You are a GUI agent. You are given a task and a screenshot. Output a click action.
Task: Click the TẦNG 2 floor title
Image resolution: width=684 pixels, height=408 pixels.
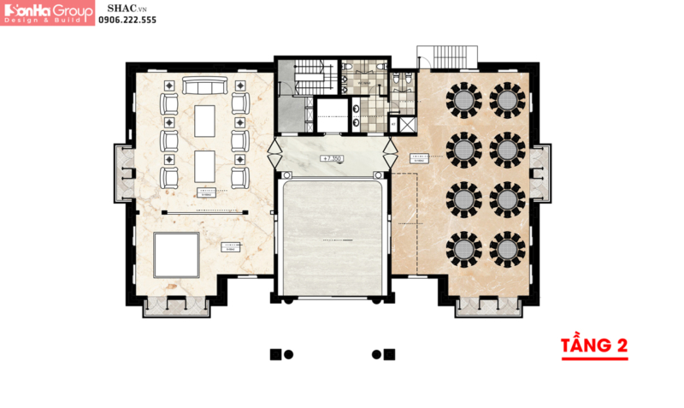click(593, 346)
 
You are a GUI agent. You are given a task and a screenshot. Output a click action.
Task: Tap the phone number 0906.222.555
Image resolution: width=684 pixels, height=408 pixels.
click(127, 20)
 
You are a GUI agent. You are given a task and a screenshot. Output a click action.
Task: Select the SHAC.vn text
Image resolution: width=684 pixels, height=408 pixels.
click(124, 7)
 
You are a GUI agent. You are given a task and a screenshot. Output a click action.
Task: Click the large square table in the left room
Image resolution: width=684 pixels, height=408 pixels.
click(176, 255)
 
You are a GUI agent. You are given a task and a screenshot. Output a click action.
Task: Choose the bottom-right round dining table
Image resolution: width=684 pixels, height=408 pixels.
click(508, 248)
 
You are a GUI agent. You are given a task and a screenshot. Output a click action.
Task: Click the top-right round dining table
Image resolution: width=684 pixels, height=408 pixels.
click(508, 100)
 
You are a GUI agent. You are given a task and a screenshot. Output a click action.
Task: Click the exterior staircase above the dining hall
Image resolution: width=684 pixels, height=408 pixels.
click(450, 55)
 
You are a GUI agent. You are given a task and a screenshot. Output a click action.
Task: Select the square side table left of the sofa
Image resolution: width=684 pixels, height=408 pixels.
click(168, 85)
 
